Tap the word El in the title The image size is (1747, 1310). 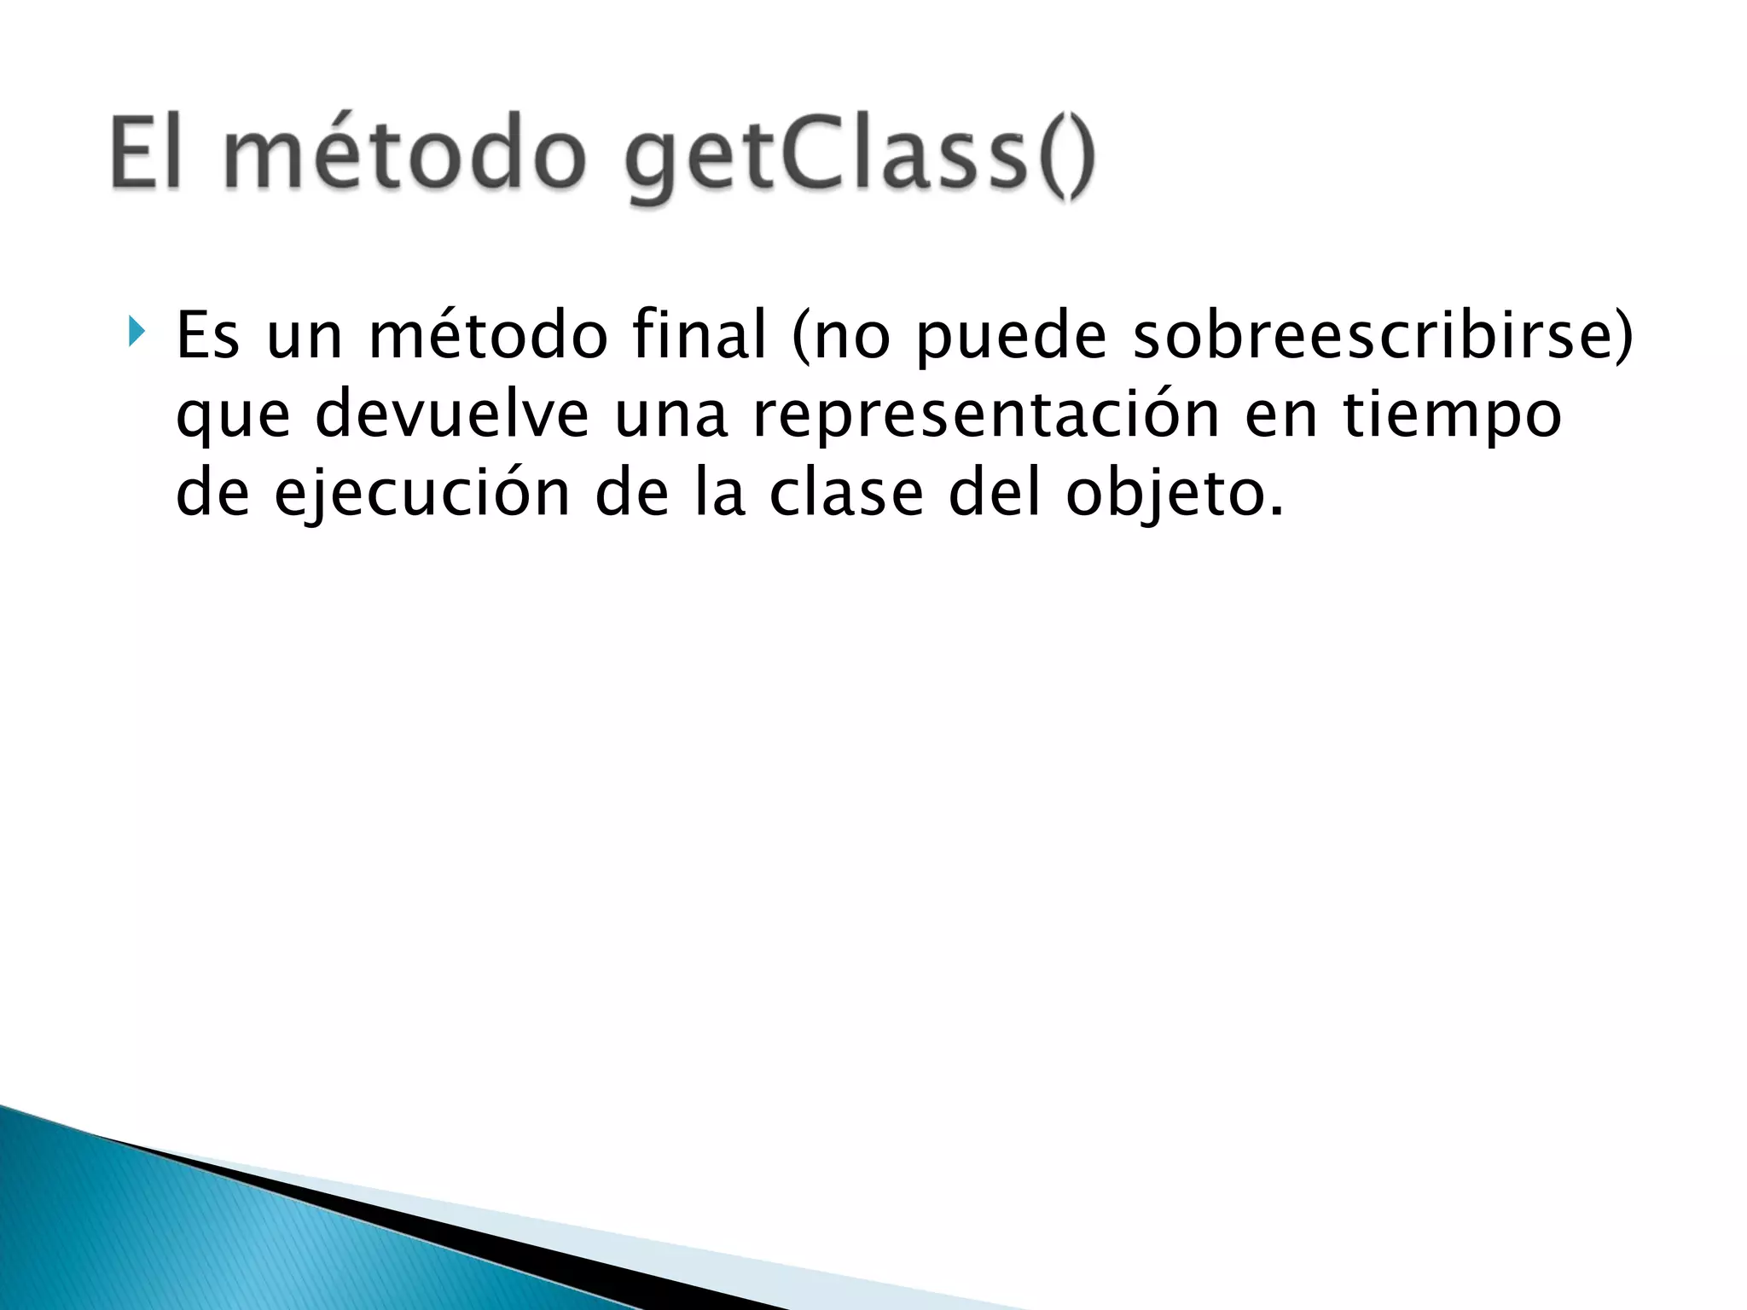(x=147, y=154)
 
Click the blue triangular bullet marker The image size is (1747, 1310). (x=136, y=331)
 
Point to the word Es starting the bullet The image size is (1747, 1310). (x=207, y=335)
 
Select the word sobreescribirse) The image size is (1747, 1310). (x=1382, y=335)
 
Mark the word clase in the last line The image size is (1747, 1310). (x=845, y=493)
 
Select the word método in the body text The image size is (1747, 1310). (x=488, y=335)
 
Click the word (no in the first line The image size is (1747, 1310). (x=840, y=337)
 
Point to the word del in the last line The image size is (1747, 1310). (x=995, y=493)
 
